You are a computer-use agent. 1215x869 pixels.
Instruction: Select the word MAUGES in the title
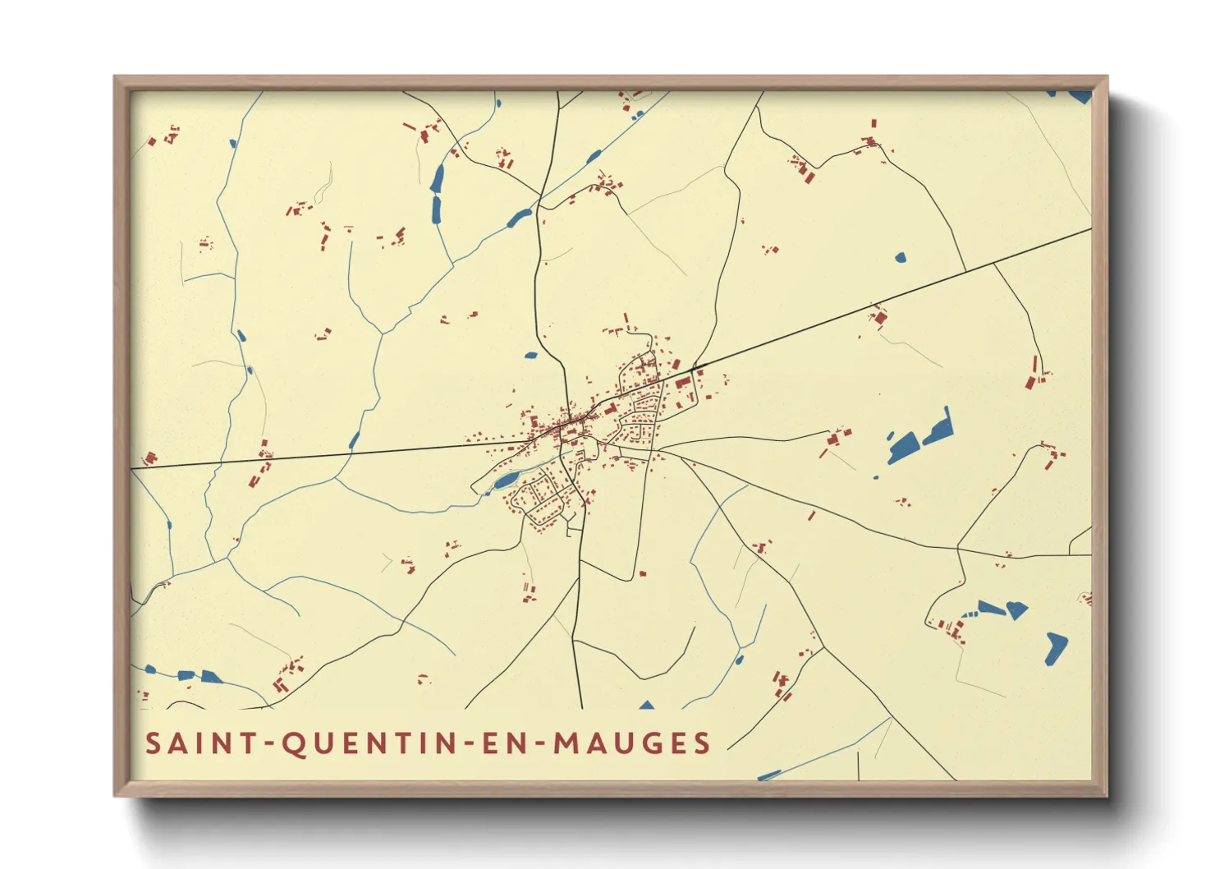point(632,743)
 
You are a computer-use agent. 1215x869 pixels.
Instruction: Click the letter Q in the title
point(293,744)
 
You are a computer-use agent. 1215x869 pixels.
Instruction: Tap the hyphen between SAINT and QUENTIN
point(268,745)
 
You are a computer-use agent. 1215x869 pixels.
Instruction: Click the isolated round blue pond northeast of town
point(900,258)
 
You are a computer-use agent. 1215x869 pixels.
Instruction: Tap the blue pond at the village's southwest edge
point(505,480)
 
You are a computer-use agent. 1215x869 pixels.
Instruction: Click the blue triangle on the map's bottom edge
point(647,705)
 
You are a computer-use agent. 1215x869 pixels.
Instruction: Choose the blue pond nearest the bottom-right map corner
point(1056,647)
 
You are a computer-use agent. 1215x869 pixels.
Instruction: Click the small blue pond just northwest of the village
point(530,356)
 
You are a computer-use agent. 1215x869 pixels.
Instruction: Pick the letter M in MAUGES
point(566,743)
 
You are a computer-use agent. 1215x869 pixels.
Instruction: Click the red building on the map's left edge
point(149,458)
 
